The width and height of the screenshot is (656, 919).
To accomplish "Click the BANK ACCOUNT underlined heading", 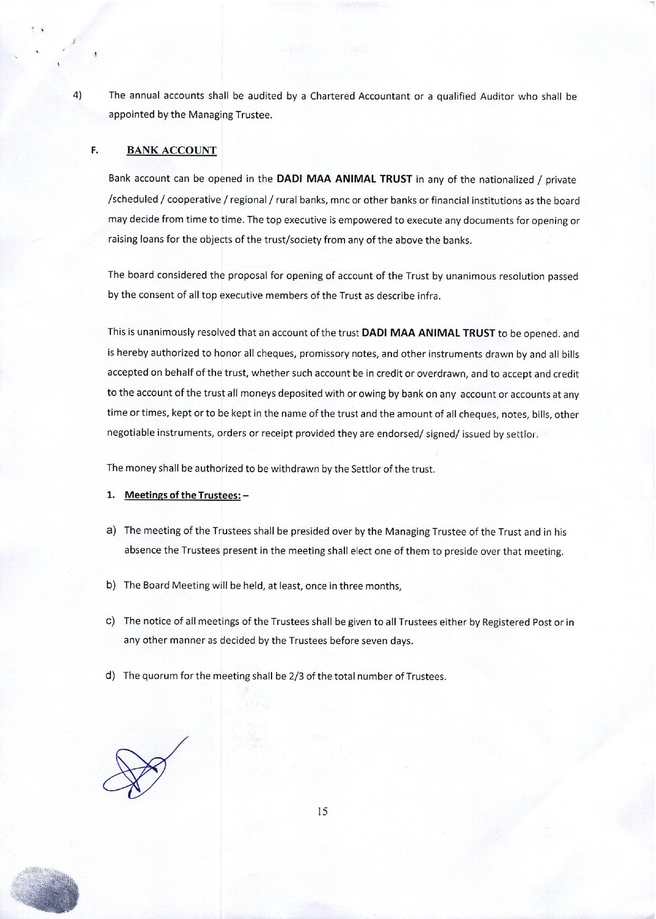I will pyautogui.click(x=171, y=151).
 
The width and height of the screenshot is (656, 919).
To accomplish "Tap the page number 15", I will pyautogui.click(x=322, y=811).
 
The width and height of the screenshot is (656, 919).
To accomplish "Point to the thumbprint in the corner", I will pyautogui.click(x=46, y=889).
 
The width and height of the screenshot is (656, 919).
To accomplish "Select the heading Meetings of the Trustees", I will pyautogui.click(x=183, y=495).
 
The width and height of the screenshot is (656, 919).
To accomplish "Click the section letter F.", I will pyautogui.click(x=95, y=150).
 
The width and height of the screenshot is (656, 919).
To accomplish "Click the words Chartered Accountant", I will pyautogui.click(x=360, y=96).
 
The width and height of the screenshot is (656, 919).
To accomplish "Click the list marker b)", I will pyautogui.click(x=111, y=585).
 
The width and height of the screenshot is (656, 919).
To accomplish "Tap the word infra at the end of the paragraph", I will pyautogui.click(x=428, y=296).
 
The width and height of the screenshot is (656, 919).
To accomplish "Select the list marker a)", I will pyautogui.click(x=111, y=531).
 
